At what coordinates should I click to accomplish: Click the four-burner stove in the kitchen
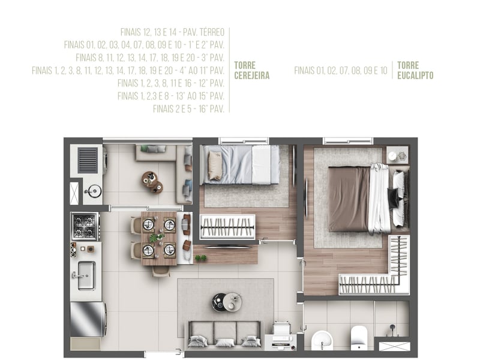tap(85, 226)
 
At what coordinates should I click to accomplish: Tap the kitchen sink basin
tap(86, 275)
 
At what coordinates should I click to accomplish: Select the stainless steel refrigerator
tap(88, 319)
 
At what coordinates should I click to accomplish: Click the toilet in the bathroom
tap(359, 338)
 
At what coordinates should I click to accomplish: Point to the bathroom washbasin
tap(322, 340)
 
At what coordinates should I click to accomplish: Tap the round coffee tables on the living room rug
tap(227, 302)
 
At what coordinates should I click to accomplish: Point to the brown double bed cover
tap(349, 199)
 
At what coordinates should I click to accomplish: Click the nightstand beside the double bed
tap(397, 155)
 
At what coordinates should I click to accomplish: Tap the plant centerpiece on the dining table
tap(157, 237)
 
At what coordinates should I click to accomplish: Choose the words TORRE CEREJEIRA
tap(251, 70)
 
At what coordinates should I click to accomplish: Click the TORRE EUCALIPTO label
tap(415, 70)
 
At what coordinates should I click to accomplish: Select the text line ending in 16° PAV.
tap(188, 109)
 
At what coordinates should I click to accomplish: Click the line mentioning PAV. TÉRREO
tap(172, 32)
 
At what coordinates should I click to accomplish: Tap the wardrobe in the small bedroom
tap(227, 227)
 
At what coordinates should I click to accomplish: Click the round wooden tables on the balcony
tap(152, 182)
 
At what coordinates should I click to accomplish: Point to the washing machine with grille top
tap(88, 160)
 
